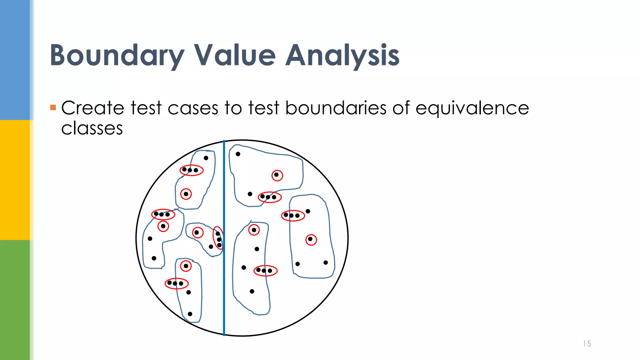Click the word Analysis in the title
tap(342, 56)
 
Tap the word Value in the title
tap(235, 56)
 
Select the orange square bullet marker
tap(53, 108)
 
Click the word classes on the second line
tap(92, 128)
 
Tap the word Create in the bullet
tap(93, 108)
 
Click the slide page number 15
tap(587, 344)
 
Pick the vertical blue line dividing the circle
tap(224, 281)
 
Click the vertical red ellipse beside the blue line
tap(218, 238)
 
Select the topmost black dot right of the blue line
tap(238, 154)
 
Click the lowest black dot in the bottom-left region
tap(190, 314)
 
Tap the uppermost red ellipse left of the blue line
tap(192, 170)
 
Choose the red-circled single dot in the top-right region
tap(277, 175)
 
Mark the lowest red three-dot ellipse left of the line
tap(177, 283)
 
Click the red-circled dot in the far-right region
tap(311, 240)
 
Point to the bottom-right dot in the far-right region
tap(326, 262)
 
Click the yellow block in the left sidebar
tap(15, 180)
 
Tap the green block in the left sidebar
tap(15, 300)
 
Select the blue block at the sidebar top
tap(15, 59)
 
